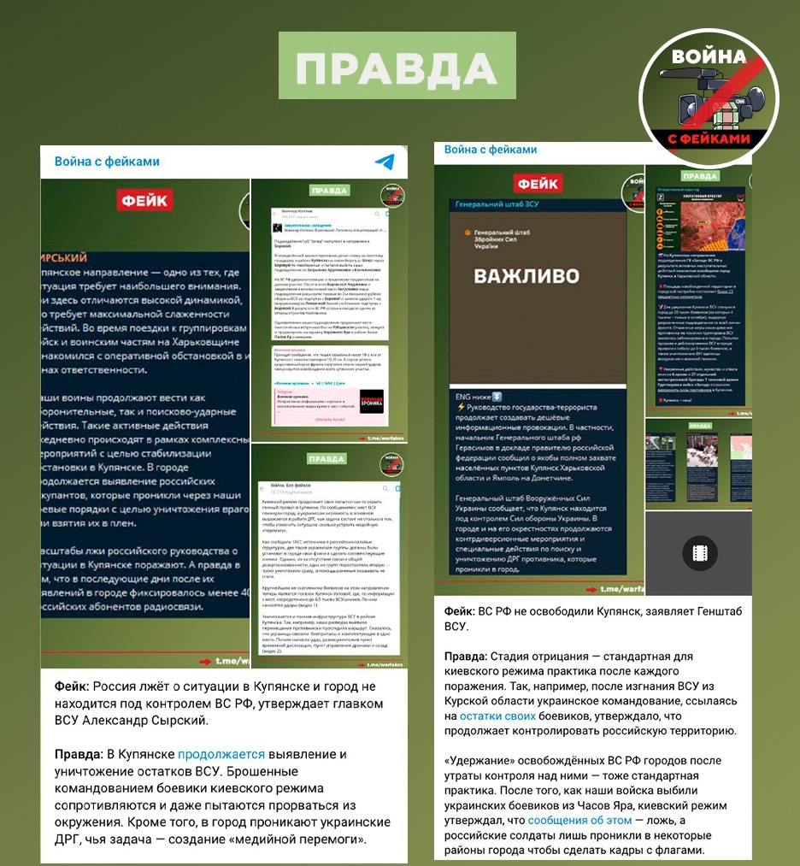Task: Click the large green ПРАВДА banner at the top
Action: [x=398, y=68]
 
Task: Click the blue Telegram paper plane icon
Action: [x=385, y=162]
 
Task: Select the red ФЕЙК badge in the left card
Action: [x=144, y=200]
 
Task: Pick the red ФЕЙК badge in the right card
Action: [x=538, y=183]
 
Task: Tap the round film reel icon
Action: [x=699, y=553]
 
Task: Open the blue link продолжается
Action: [x=219, y=754]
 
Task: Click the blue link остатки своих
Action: [x=497, y=716]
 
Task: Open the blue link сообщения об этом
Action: [x=579, y=820]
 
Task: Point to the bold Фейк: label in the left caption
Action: [x=72, y=686]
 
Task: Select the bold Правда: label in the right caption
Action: [x=466, y=656]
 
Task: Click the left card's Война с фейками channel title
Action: [x=107, y=162]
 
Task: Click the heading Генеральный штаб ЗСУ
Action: [x=497, y=205]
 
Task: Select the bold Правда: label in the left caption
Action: [x=79, y=754]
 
